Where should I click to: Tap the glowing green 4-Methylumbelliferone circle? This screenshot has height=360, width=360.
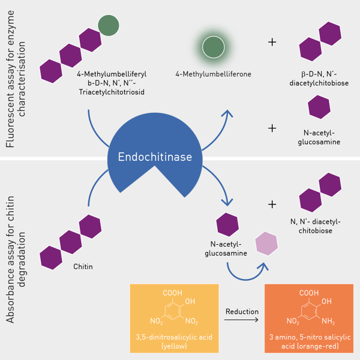click(x=212, y=47)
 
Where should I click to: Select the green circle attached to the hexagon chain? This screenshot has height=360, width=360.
click(x=109, y=25)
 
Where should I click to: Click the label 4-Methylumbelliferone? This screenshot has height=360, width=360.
click(x=213, y=74)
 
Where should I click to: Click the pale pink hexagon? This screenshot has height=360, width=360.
click(x=266, y=243)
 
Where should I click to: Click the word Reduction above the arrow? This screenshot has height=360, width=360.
click(x=242, y=311)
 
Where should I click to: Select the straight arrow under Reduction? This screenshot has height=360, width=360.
click(x=242, y=321)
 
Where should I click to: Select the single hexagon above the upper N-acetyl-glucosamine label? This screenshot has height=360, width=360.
click(x=319, y=107)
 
